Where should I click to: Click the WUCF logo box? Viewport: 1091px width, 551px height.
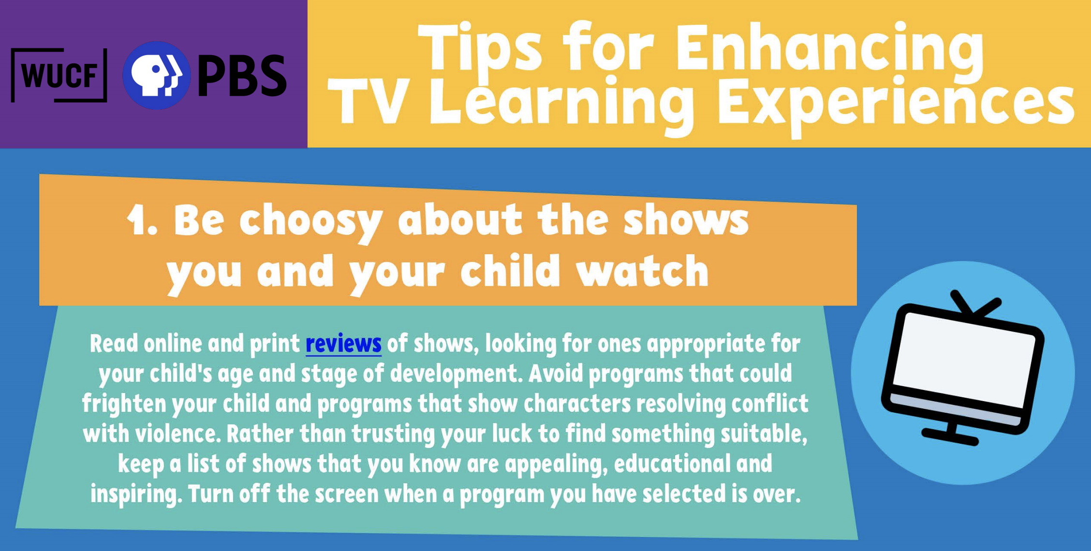59,75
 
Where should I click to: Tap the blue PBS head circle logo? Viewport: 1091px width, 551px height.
156,75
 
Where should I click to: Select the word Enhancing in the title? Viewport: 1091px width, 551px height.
829,51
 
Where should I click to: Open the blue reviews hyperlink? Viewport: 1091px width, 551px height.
343,344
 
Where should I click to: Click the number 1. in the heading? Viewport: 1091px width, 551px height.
142,220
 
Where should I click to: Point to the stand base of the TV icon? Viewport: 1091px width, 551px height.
950,436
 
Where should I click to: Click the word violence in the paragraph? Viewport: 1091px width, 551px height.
176,434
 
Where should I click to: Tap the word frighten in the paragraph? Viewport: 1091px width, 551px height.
124,404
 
